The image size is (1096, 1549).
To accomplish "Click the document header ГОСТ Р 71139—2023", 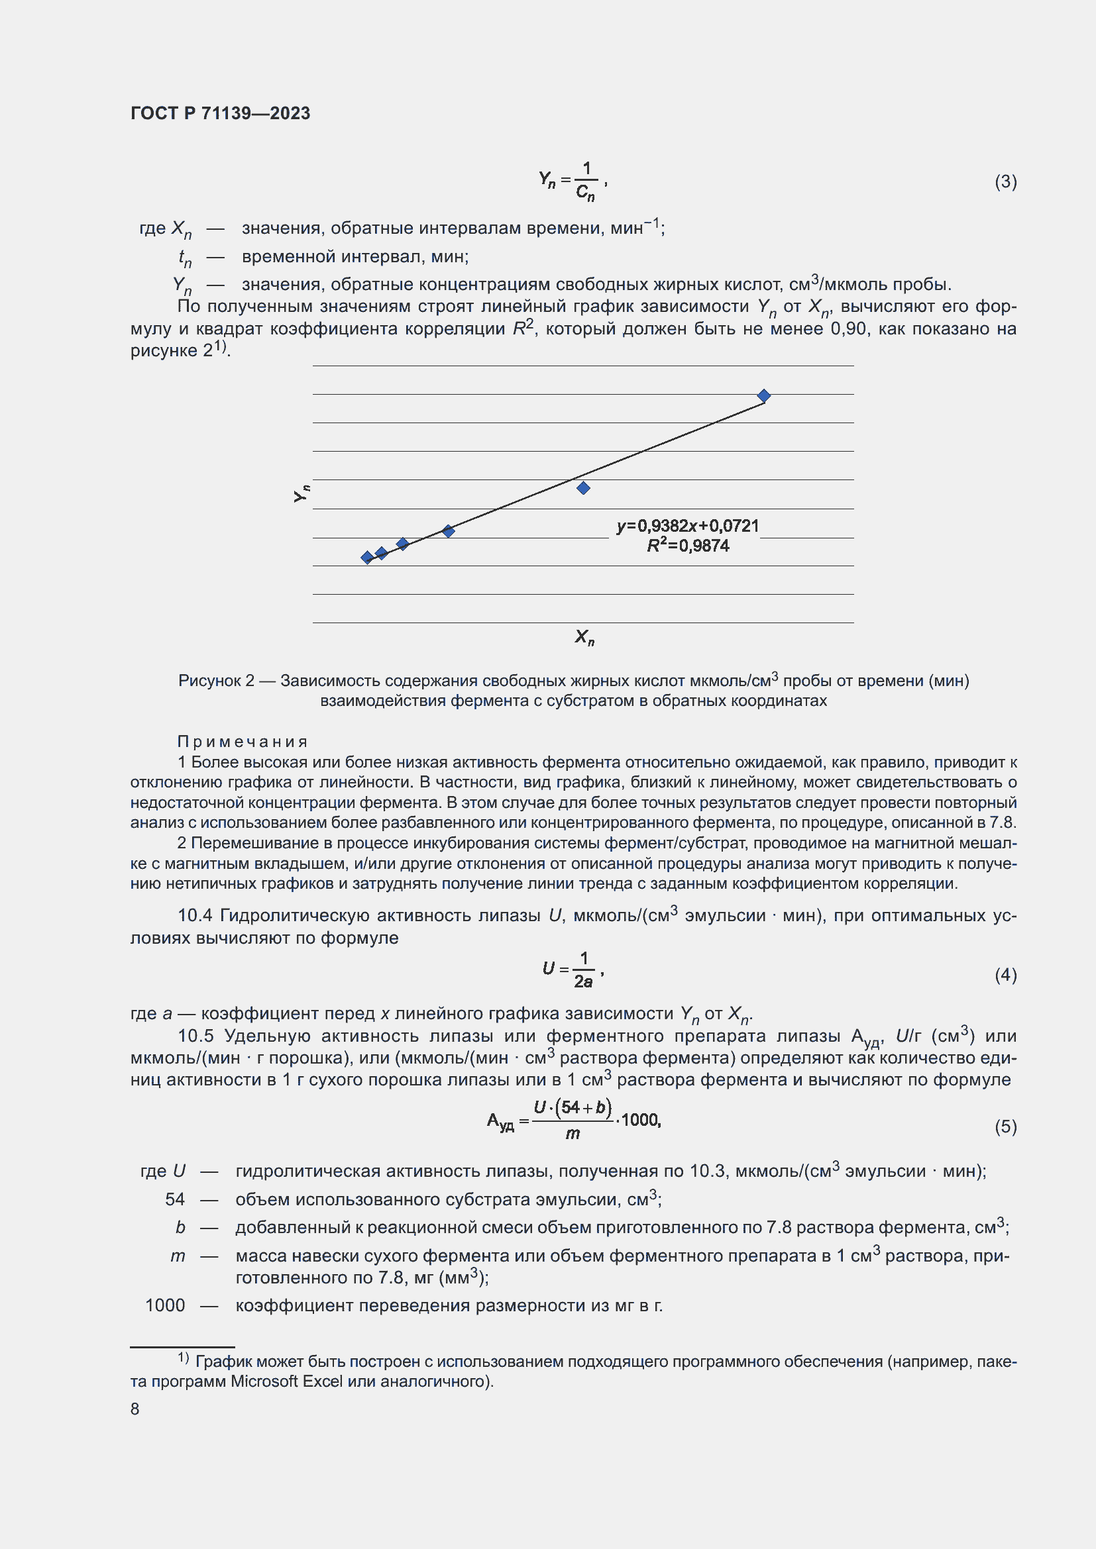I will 220,113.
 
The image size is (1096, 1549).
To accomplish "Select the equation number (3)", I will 1005,181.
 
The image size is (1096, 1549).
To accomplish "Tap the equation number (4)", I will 1005,975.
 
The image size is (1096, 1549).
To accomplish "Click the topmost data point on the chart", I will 763,395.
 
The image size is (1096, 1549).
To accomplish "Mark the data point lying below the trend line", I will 583,488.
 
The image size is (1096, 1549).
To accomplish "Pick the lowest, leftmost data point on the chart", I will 367,557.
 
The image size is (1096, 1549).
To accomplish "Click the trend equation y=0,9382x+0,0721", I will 687,526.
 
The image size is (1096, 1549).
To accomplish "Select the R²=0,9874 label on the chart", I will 687,546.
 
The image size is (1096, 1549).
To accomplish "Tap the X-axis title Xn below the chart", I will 584,637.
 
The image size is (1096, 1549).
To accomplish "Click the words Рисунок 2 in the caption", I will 216,681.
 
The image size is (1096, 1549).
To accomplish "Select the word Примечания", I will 243,742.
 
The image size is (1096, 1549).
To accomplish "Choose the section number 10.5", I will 195,1036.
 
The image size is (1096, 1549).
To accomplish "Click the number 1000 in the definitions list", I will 165,1305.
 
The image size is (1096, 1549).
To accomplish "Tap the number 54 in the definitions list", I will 174,1199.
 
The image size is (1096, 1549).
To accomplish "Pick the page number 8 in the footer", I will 135,1409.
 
